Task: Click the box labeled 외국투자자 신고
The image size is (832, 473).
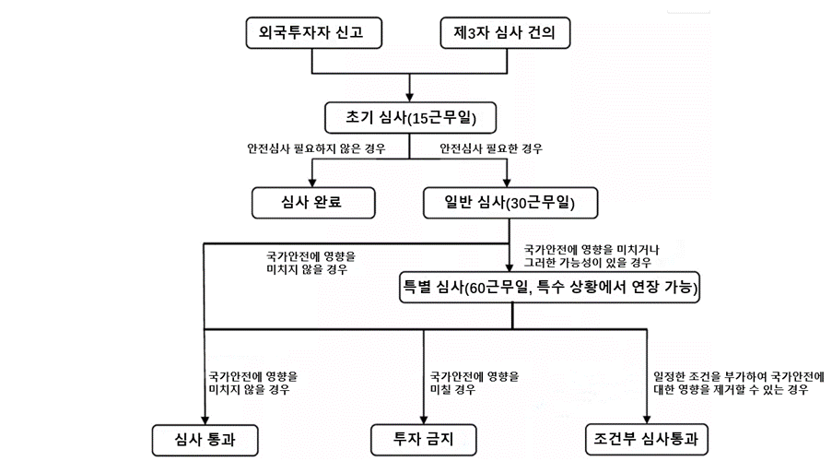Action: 313,33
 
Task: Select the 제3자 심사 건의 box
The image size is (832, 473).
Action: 505,33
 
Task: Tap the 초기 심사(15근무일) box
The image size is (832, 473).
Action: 410,117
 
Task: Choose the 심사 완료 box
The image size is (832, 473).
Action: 313,203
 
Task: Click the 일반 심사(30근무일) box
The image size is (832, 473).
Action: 510,203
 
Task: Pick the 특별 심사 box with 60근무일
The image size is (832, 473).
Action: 549,287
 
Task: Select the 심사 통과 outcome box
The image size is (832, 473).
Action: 205,440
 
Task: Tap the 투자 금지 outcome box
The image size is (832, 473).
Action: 424,440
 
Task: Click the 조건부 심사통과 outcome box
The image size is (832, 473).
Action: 646,440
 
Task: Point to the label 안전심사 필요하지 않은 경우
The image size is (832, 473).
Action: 316,148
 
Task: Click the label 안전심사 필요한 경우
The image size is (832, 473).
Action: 491,148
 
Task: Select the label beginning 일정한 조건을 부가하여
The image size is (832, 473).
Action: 739,383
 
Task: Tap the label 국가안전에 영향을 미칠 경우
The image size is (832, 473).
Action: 475,383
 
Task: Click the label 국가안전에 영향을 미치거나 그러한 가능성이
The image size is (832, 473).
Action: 592,256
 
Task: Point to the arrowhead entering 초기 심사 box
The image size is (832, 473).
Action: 410,97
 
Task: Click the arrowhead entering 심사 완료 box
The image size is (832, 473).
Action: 312,182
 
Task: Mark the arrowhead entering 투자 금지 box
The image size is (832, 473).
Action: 424,419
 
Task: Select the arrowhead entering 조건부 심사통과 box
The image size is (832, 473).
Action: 646,419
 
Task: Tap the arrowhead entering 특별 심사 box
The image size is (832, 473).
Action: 510,267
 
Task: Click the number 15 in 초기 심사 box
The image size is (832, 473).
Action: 420,118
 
